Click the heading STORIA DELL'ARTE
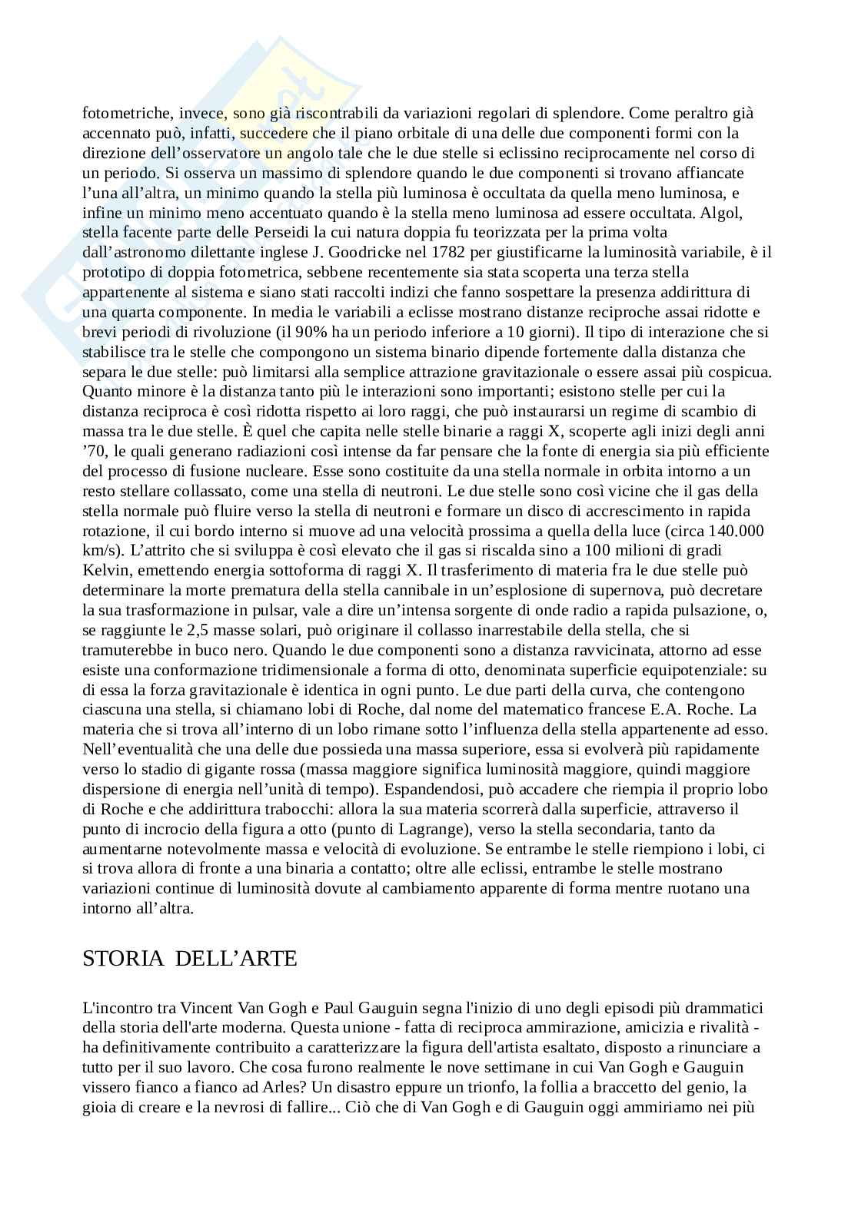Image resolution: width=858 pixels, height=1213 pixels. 189,959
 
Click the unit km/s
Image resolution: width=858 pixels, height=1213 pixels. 101,551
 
